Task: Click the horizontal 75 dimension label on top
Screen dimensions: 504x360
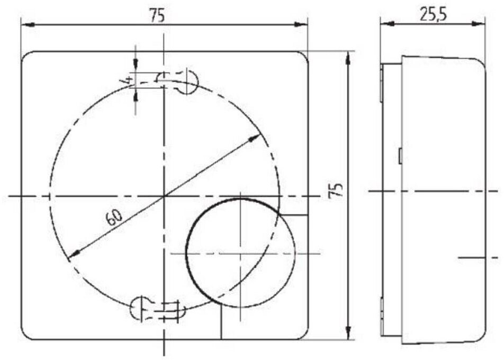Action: (x=158, y=16)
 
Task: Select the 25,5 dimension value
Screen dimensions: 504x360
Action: (x=433, y=15)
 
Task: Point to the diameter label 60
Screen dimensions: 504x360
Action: (x=114, y=218)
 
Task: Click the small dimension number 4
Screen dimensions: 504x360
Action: (x=128, y=79)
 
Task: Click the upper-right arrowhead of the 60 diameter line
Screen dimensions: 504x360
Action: (x=255, y=138)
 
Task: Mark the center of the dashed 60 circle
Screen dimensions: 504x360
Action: (x=164, y=195)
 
